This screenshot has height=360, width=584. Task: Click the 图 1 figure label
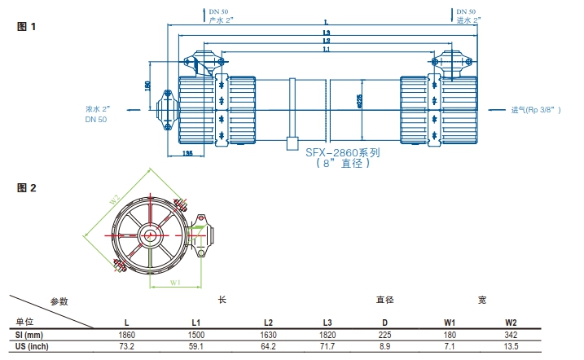pos(27,26)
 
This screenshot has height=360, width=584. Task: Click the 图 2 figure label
pos(27,188)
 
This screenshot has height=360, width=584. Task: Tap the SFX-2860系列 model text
pos(343,151)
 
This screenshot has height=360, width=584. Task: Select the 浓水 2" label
pos(98,108)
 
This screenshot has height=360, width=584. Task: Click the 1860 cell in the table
pos(126,336)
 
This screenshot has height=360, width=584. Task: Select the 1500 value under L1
pos(196,336)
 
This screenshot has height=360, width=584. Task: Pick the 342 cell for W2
pos(511,336)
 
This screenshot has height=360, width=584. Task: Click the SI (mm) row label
pos(29,336)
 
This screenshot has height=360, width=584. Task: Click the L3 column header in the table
pos(327,323)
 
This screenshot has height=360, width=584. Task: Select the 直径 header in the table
pos(384,300)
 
